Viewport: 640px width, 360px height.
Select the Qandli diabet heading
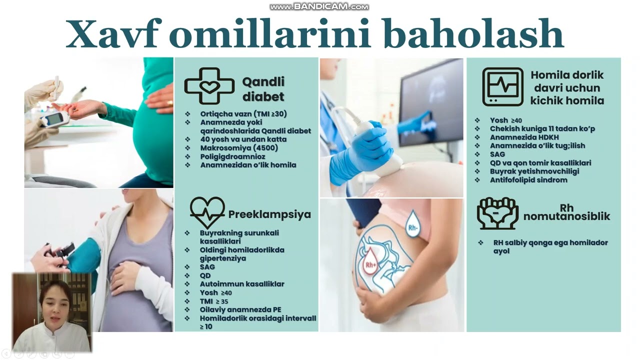click(x=263, y=89)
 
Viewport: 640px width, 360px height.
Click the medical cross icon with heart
click(x=209, y=86)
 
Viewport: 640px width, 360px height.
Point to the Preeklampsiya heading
click(x=269, y=214)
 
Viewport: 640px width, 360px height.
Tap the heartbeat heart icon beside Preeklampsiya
click(x=207, y=212)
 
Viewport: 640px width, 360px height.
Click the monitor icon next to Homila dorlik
click(x=502, y=86)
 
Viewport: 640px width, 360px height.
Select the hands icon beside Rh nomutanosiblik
click(x=497, y=213)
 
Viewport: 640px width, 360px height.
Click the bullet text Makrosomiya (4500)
click(x=239, y=148)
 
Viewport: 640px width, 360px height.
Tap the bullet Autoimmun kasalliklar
click(x=242, y=284)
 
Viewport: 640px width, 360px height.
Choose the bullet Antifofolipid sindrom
click(x=528, y=180)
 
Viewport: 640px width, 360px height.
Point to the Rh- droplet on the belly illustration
click(x=413, y=223)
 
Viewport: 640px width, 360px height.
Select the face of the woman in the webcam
click(x=54, y=300)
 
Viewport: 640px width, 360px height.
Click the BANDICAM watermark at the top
click(x=319, y=7)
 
